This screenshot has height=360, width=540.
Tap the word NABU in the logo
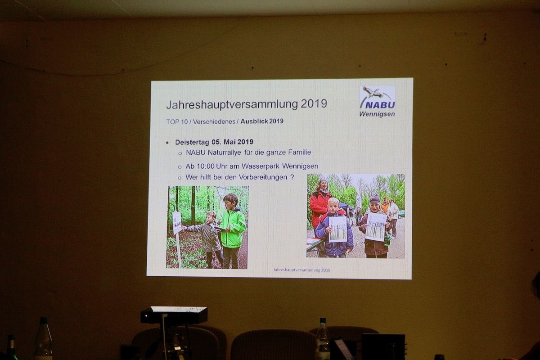[380, 105]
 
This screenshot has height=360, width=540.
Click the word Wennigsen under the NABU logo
[377, 114]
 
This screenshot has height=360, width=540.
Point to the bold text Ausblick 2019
[262, 121]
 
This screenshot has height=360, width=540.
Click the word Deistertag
[192, 142]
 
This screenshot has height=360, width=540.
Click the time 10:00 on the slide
[205, 166]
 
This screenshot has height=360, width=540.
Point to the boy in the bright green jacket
[233, 230]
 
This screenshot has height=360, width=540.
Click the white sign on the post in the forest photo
[177, 223]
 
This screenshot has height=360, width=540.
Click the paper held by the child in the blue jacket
[338, 229]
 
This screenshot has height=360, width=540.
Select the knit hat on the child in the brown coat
[374, 200]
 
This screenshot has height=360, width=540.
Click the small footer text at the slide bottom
[302, 270]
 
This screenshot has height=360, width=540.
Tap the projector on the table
[174, 315]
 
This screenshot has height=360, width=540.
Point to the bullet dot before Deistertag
[167, 143]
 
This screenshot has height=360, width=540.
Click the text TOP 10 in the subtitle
[177, 122]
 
